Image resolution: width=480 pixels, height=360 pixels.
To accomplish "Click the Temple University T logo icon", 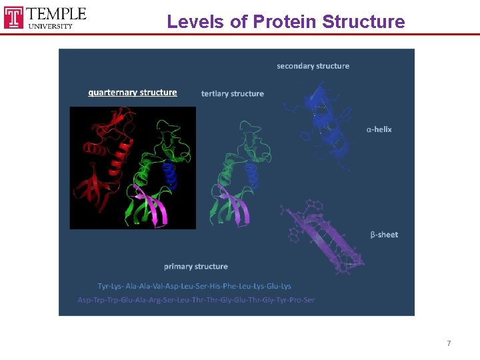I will pyautogui.click(x=14, y=17).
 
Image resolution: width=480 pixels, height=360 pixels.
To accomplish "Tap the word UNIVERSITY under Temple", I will pyautogui.click(x=51, y=26).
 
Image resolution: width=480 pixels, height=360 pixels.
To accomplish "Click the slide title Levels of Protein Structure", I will pyautogui.click(x=285, y=21).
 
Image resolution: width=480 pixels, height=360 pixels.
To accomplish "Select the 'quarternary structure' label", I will pyautogui.click(x=133, y=93).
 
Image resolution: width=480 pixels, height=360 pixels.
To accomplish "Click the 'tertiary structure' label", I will pyautogui.click(x=232, y=93).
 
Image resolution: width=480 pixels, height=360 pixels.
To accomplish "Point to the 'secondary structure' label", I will pyautogui.click(x=313, y=66).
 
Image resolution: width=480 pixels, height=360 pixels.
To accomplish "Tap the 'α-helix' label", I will pyautogui.click(x=379, y=129).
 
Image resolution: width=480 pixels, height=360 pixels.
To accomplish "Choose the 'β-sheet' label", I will pyautogui.click(x=384, y=235).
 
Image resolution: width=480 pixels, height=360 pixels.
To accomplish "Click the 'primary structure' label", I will pyautogui.click(x=196, y=267).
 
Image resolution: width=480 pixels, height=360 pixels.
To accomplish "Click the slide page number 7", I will pyautogui.click(x=449, y=343).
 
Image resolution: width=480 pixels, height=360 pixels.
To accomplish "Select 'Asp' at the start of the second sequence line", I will pyautogui.click(x=84, y=300).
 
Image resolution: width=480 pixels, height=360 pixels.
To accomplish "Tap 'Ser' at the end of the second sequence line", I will pyautogui.click(x=309, y=300).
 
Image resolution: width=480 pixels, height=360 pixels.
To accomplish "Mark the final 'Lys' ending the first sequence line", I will pyautogui.click(x=285, y=286).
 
